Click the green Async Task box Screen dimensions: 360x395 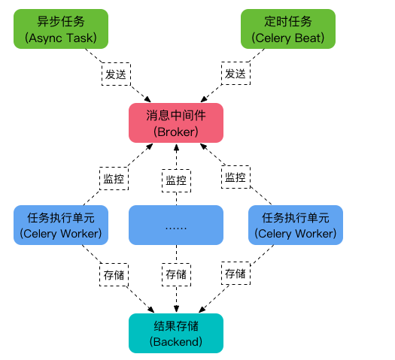[x=61, y=29]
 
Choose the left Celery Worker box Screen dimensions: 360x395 [x=61, y=225]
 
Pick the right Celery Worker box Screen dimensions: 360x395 [x=295, y=225]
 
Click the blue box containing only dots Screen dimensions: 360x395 [x=176, y=225]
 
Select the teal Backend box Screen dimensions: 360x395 [x=176, y=333]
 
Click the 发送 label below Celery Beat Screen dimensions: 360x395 [x=234, y=74]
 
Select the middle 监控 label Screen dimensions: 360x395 [x=176, y=180]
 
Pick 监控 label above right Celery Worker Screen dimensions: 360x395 [x=235, y=178]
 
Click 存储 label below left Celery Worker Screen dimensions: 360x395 [x=113, y=274]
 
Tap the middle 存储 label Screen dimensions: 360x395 [x=176, y=274]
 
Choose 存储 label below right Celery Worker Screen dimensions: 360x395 [x=235, y=274]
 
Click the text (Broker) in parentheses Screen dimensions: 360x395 [x=176, y=131]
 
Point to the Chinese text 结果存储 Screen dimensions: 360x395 [x=176, y=325]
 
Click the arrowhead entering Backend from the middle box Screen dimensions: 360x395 [x=176, y=309]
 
